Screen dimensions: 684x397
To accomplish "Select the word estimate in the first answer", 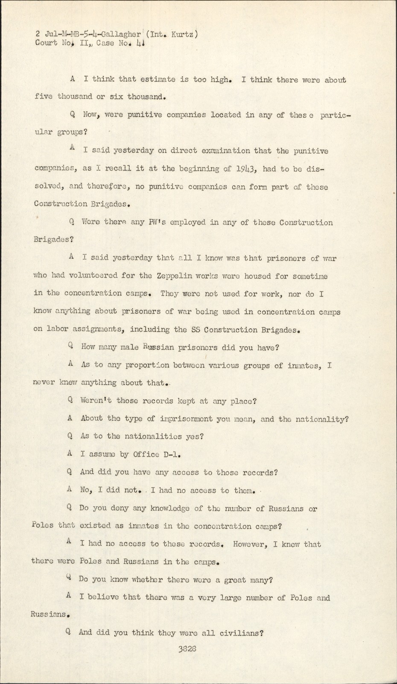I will pyautogui.click(x=155, y=80).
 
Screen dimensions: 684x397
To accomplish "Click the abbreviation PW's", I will pyautogui.click(x=158, y=222).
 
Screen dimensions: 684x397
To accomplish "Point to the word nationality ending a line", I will pyautogui.click(x=325, y=419).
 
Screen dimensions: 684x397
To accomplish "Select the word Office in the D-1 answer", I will pyautogui.click(x=146, y=454).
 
